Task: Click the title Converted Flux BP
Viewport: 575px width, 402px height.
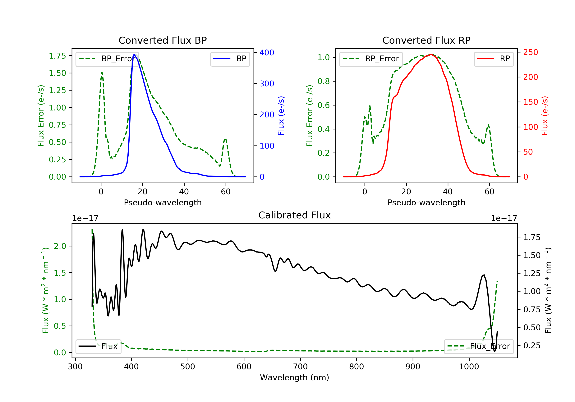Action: pyautogui.click(x=163, y=40)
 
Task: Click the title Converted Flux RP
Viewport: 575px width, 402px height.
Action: pyautogui.click(x=426, y=40)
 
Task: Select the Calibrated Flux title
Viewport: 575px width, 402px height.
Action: pyautogui.click(x=295, y=215)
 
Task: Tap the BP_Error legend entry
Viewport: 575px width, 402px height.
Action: pyautogui.click(x=107, y=59)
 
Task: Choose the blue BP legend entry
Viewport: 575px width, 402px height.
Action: pyautogui.click(x=230, y=59)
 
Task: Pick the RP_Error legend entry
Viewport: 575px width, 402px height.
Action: pyautogui.click(x=371, y=59)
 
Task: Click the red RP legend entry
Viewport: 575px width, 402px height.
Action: pyautogui.click(x=494, y=59)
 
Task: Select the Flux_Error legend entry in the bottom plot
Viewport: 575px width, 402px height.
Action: pyautogui.click(x=479, y=346)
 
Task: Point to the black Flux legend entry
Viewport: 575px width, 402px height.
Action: pyautogui.click(x=98, y=346)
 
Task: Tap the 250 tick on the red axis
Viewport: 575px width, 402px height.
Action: pyautogui.click(x=530, y=52)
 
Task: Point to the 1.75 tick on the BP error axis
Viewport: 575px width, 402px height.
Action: pyautogui.click(x=57, y=56)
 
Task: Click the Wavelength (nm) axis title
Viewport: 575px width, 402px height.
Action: pyautogui.click(x=295, y=377)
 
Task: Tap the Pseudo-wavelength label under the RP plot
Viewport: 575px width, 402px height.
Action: pyautogui.click(x=426, y=202)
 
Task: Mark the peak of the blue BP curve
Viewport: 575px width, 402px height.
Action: pyautogui.click(x=134, y=54)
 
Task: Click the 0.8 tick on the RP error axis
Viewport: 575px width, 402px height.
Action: pyautogui.click(x=324, y=81)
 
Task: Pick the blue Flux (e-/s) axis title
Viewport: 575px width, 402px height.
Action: pyautogui.click(x=281, y=116)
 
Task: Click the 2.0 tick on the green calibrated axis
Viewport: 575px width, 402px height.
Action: pyautogui.click(x=60, y=246)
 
